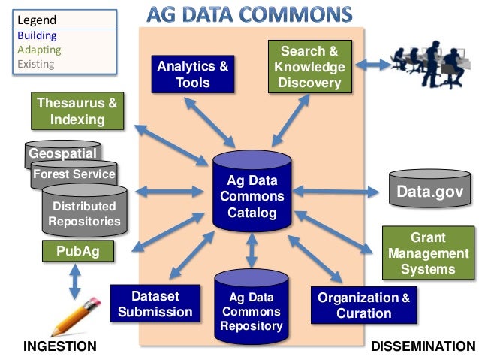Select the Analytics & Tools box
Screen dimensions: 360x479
(x=192, y=74)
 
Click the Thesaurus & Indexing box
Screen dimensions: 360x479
(x=77, y=111)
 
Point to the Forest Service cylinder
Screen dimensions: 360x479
(x=74, y=174)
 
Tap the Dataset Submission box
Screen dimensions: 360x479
(x=155, y=303)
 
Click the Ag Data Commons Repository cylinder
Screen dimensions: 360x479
(x=252, y=310)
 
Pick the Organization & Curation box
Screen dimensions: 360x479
(x=363, y=305)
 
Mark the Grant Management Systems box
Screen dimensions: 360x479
(x=427, y=253)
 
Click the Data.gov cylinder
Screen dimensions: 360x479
(x=429, y=192)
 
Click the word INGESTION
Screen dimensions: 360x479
(x=60, y=346)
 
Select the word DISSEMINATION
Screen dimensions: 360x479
(x=423, y=346)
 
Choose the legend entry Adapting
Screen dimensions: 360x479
(x=38, y=50)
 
